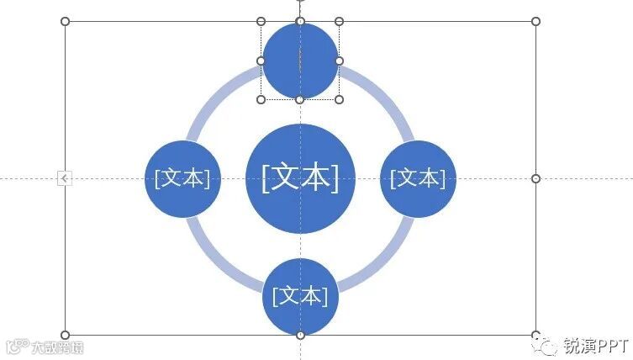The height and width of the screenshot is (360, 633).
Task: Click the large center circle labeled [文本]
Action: coord(300,178)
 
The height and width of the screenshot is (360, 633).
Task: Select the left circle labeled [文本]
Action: coord(182,178)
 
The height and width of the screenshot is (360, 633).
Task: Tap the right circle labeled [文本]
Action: coord(418,178)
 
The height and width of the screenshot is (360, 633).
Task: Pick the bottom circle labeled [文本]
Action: coord(300,295)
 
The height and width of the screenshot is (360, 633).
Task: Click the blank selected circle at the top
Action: coord(300,61)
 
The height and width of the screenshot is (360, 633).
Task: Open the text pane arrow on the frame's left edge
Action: coord(65,178)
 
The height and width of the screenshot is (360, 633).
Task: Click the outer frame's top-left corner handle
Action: coord(66,21)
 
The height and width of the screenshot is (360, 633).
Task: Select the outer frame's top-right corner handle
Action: coord(535,21)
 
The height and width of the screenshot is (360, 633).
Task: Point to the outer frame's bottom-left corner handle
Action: coord(66,335)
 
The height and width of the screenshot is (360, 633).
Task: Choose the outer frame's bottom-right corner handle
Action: coord(535,335)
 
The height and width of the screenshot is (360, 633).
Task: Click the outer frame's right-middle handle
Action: coord(535,178)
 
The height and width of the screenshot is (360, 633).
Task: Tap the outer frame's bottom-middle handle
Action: coord(300,335)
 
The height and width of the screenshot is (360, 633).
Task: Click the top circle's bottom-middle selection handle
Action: coord(300,99)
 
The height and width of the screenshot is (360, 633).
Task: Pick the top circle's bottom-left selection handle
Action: coord(261,99)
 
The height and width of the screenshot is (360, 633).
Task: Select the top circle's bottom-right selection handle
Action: coord(340,99)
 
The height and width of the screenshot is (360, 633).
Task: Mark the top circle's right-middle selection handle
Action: coord(340,61)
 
